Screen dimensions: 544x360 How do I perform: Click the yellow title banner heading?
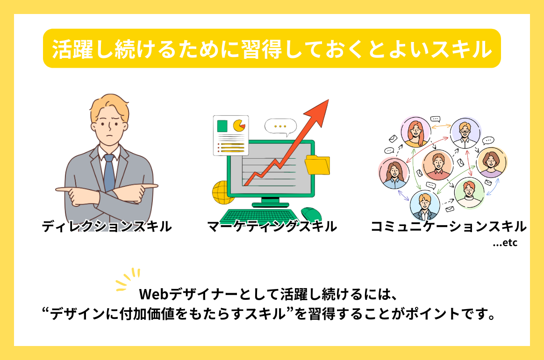272,49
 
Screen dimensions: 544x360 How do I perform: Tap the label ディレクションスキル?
107,226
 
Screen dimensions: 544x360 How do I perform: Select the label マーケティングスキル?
272,226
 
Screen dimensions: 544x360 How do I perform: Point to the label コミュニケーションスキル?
449,226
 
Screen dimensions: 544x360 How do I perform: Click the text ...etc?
505,243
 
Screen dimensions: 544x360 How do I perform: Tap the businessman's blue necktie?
109,173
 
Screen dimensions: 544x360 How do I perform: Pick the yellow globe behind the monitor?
222,193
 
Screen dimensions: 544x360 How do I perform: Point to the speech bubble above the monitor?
280,127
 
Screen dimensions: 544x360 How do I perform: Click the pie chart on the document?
239,126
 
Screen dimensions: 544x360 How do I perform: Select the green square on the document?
222,126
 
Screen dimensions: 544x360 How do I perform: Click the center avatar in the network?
438,165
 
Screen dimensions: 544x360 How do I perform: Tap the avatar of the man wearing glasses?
465,133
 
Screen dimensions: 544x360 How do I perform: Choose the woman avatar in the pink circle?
394,173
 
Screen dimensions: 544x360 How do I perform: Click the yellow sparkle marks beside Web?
127,279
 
